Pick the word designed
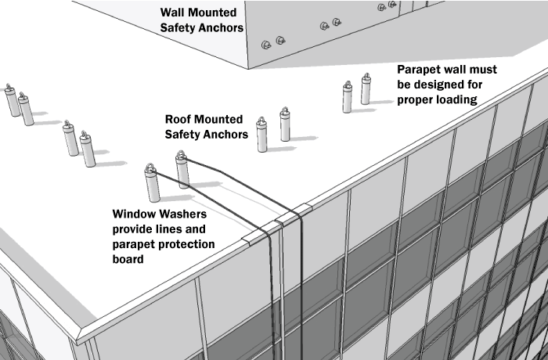[446, 84]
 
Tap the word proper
[418, 99]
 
